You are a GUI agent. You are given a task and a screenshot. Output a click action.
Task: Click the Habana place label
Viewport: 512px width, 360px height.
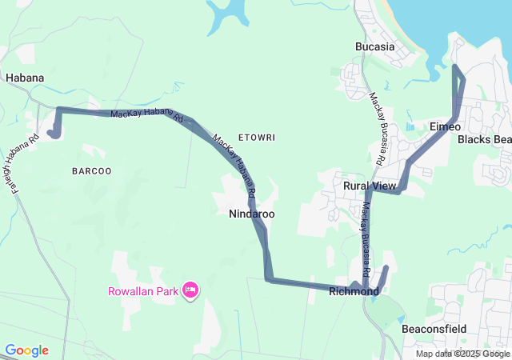click(x=24, y=78)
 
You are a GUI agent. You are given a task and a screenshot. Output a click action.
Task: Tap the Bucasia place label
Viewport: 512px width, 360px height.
click(x=375, y=46)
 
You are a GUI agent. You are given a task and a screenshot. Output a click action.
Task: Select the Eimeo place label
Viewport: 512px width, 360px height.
click(x=445, y=127)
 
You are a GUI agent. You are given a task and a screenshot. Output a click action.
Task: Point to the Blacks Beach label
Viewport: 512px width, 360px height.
click(x=484, y=140)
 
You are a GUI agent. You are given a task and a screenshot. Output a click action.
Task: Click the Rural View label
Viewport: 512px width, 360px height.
click(x=370, y=186)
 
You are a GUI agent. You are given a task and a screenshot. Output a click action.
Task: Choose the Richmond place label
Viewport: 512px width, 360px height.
click(x=354, y=292)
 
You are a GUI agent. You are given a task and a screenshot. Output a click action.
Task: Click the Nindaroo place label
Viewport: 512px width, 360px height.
click(x=251, y=214)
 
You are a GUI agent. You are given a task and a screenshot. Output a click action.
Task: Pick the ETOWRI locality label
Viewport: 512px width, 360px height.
click(x=256, y=138)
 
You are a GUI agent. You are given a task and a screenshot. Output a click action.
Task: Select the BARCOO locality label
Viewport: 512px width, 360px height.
click(x=91, y=170)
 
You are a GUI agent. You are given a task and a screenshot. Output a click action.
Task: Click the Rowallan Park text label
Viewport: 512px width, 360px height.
click(x=143, y=290)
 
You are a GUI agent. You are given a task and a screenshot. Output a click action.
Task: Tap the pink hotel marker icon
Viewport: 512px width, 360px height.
click(x=190, y=290)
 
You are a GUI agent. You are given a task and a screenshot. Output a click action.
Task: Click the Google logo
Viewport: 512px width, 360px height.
click(x=26, y=350)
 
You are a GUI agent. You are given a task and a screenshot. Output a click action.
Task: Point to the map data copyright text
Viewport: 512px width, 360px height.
click(x=462, y=354)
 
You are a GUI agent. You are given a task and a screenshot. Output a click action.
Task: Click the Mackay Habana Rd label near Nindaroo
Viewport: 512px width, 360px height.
click(x=234, y=167)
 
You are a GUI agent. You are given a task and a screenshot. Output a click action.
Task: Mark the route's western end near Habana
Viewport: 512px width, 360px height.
click(x=53, y=134)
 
